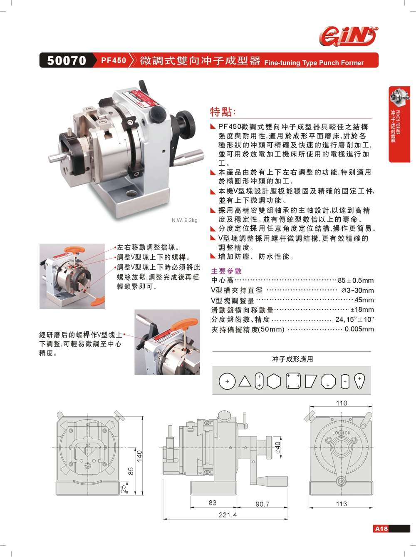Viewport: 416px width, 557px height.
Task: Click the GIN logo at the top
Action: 348,36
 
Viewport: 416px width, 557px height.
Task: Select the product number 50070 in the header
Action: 67,61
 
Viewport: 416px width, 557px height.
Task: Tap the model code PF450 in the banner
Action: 114,60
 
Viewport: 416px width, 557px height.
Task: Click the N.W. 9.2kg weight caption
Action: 184,220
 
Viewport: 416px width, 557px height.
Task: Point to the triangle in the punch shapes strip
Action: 245,381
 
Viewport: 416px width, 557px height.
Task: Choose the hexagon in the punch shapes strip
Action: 274,381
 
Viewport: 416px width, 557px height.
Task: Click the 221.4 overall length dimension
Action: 228,515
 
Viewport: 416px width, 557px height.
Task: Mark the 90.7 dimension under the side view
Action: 262,504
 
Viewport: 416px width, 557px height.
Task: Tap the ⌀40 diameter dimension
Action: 278,448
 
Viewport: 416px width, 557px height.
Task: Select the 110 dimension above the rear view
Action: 341,403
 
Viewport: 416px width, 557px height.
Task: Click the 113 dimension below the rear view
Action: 341,504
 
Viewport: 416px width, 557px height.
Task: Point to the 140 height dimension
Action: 139,456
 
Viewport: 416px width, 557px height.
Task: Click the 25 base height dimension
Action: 123,489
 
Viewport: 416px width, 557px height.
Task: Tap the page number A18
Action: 381,529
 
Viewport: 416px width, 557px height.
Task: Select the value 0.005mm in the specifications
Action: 359,329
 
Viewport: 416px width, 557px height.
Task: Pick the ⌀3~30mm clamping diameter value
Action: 357,290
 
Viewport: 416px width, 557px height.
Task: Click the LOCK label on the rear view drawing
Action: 341,433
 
